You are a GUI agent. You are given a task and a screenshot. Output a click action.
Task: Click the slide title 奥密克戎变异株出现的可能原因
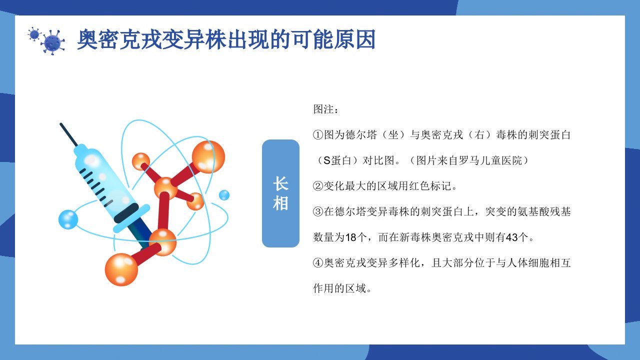click(226, 39)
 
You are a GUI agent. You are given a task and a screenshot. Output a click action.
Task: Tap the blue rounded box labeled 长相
click(280, 193)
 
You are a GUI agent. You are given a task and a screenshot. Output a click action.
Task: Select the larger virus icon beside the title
click(53, 43)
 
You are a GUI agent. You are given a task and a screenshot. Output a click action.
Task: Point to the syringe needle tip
click(61, 124)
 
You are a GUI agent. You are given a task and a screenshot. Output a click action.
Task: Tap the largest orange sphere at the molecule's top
click(208, 157)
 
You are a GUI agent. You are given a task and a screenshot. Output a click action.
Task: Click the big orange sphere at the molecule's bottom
click(121, 269)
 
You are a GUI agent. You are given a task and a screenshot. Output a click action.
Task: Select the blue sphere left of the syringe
click(68, 219)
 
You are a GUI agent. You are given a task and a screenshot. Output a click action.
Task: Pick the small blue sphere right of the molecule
click(224, 195)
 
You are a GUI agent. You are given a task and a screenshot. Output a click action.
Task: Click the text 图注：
click(325, 109)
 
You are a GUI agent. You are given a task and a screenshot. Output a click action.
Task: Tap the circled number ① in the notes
click(318, 135)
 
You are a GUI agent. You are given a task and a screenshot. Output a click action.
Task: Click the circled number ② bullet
click(318, 186)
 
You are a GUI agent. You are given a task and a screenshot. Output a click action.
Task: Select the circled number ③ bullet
click(318, 211)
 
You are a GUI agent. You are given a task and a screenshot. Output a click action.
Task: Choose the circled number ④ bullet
click(318, 263)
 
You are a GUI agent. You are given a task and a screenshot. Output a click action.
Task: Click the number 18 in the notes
click(351, 237)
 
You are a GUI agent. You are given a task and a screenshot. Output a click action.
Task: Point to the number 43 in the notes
click(511, 237)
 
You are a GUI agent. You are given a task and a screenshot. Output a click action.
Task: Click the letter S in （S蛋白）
click(327, 160)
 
